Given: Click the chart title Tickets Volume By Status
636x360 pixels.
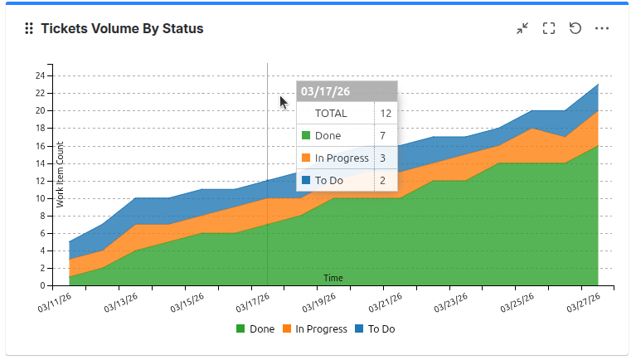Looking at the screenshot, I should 122,28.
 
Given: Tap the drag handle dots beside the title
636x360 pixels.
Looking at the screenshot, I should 29,28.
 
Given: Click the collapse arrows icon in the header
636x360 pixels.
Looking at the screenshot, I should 522,28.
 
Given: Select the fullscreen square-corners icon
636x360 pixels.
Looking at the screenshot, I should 549,28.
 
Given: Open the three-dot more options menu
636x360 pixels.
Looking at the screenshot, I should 602,28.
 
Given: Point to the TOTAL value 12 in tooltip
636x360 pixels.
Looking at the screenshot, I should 386,114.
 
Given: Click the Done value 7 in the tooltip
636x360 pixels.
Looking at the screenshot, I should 383,135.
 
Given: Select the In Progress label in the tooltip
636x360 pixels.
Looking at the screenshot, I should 342,158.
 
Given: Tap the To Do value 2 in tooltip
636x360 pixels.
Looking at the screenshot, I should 383,179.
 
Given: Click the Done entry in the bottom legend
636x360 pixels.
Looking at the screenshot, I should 255,329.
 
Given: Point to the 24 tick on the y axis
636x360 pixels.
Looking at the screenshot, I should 39,75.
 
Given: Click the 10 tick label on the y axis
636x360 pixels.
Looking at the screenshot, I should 39,198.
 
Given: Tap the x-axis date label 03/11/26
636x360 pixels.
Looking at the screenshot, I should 53,304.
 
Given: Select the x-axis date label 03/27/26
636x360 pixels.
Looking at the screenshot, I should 583,304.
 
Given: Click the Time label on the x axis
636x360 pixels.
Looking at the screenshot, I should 333,278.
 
